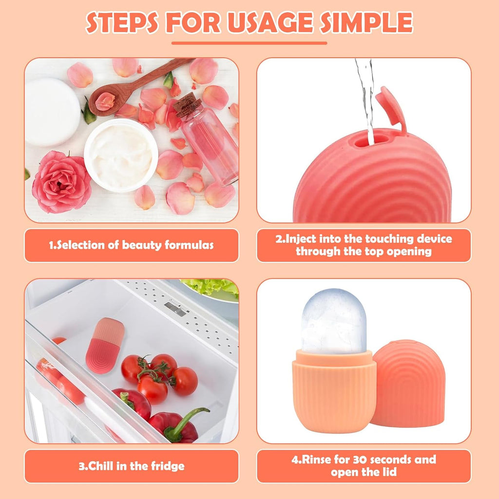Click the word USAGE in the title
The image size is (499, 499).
pos(270,22)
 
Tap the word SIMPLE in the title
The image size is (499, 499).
pos(366,22)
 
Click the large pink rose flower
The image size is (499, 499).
pos(61,182)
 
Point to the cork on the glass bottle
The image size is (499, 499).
pos(188,105)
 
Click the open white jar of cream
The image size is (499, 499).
pos(121,155)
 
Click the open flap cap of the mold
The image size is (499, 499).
pos(391,108)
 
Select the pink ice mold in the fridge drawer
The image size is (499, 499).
pos(105,345)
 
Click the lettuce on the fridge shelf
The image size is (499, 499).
pos(211,288)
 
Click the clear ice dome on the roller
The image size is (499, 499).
pos(333,322)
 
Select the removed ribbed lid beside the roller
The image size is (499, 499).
pos(409,383)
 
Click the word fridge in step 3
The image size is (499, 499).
pos(168,466)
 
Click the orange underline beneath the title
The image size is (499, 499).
pos(249,43)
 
